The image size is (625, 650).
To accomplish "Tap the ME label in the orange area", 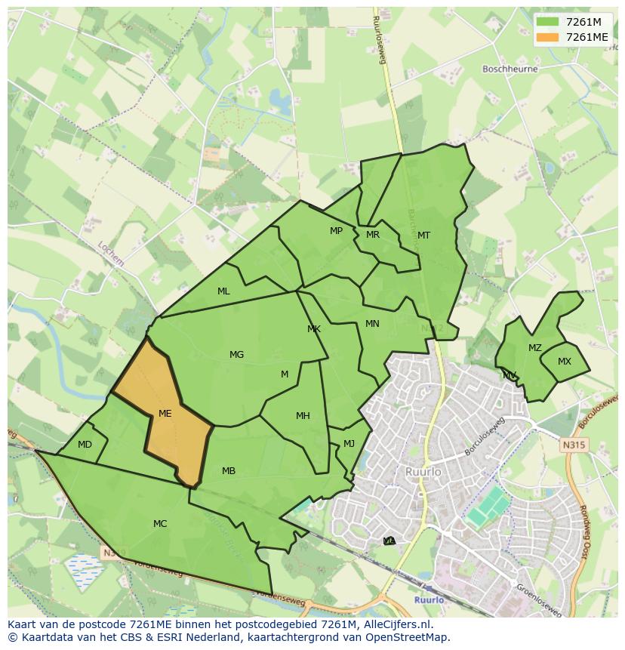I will pos(165,414).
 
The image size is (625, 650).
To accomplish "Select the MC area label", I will pos(160,523).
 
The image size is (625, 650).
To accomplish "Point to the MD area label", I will pos(85,445).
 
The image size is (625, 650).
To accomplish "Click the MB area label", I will pos(229,471).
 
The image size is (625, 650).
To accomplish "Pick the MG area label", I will pos(236,355).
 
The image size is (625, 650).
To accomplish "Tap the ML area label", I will pos(223,291).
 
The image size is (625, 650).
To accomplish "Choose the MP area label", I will pos(336,231).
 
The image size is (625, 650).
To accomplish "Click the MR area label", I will pos(373,235).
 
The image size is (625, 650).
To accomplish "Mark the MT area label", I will pos(423,236).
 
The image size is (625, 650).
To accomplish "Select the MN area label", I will pos(372,324).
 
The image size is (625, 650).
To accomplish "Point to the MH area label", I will pos(303,415).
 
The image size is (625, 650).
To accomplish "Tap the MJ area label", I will pos(349,443).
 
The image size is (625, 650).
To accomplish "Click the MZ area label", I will pos(534,348).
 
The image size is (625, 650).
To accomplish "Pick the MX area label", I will pos(565,362).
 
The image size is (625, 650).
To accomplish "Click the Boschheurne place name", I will pos(510,69).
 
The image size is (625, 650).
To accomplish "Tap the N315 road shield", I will pos(574,445).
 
